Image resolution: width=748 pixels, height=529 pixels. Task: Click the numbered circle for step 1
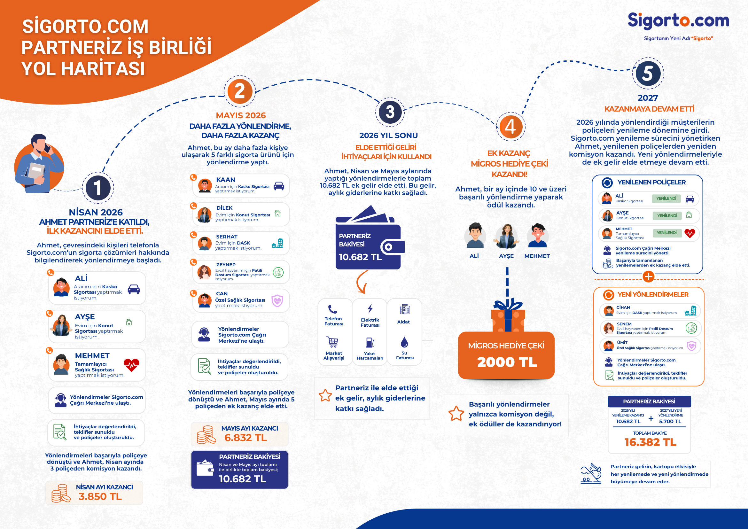(x=98, y=188)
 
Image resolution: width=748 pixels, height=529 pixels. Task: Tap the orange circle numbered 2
(x=240, y=91)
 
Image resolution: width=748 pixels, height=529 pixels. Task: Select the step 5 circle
(x=648, y=73)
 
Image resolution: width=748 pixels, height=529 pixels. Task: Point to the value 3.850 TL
(x=100, y=496)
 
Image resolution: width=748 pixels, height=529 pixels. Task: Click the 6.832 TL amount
(x=245, y=438)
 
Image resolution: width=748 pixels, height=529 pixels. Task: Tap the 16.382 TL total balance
(x=650, y=442)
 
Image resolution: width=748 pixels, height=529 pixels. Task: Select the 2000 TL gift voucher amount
(x=507, y=362)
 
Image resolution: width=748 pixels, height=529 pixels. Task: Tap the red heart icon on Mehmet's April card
(x=131, y=365)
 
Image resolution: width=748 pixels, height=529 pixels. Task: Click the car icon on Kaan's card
(x=279, y=186)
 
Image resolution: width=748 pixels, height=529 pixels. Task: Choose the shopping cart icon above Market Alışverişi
(x=333, y=342)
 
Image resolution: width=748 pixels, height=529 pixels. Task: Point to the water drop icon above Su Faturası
(x=404, y=342)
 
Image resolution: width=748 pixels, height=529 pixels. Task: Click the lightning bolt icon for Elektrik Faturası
(x=370, y=308)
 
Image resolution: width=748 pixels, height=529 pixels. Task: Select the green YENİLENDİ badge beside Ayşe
(x=667, y=216)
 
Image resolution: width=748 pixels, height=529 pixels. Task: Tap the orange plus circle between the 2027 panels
(x=649, y=276)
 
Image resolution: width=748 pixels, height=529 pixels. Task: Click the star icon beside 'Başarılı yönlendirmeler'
(x=456, y=414)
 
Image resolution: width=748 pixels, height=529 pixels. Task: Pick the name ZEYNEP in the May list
(x=226, y=265)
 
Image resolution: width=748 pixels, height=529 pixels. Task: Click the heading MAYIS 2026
(x=241, y=115)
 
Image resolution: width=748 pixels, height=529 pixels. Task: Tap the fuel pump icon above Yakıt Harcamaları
(x=370, y=342)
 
